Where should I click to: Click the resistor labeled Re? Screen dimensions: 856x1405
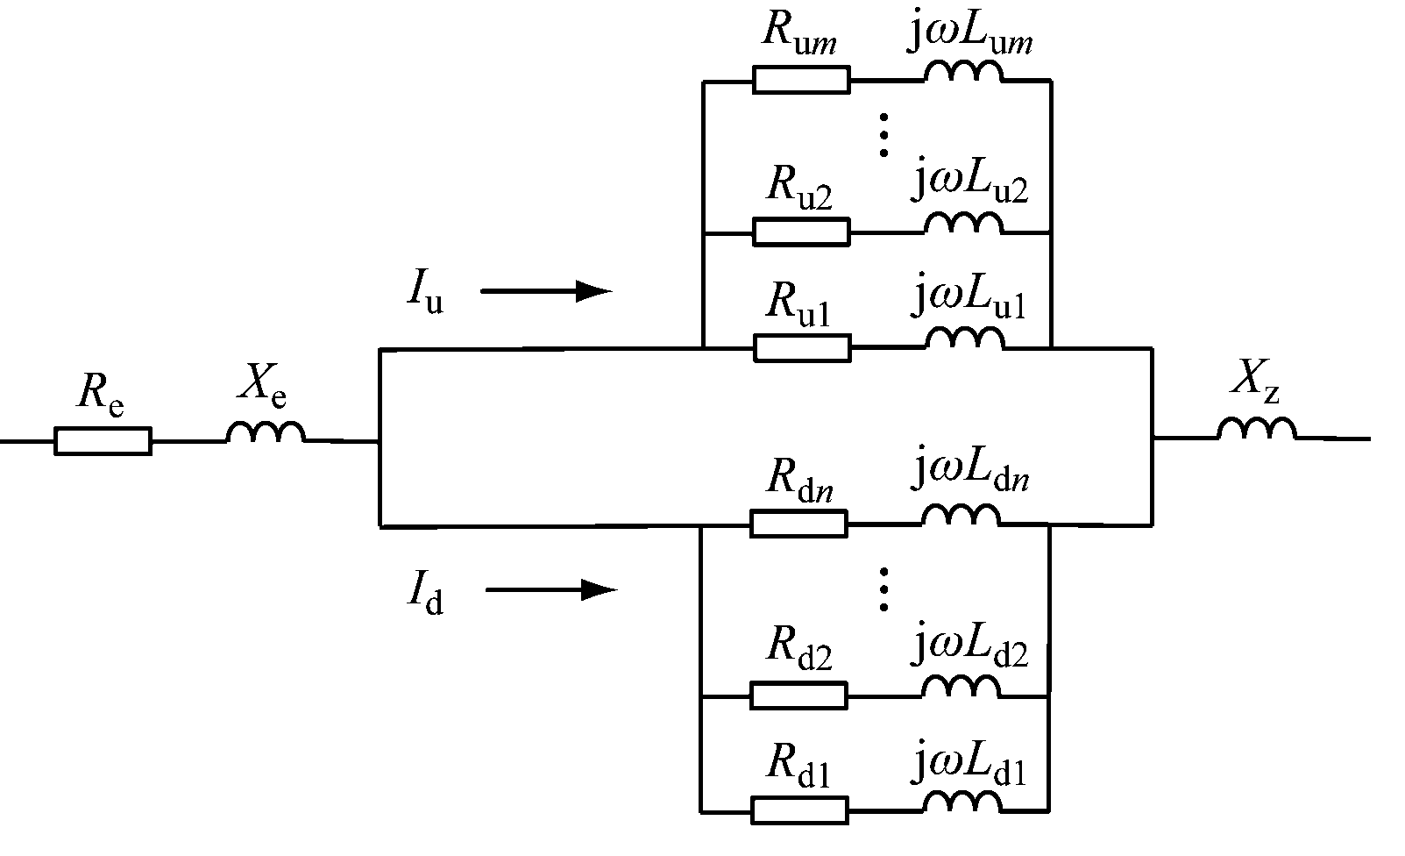coord(103,440)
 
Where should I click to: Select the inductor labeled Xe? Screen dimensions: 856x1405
coord(266,432)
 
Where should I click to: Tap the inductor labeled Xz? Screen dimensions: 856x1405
coord(1257,429)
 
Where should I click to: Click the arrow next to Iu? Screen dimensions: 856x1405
coord(545,291)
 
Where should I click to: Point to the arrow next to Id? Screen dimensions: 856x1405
coord(551,590)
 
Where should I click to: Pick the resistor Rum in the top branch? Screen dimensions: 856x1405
coord(800,80)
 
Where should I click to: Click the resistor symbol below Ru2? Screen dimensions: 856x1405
coord(800,232)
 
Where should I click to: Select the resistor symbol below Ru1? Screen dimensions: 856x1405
coord(801,348)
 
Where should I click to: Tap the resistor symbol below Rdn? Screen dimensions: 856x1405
coord(798,524)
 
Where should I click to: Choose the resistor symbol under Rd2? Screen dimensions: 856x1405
coord(798,695)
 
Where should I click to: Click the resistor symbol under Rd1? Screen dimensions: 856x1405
coord(798,810)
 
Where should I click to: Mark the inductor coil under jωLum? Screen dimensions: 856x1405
coord(962,74)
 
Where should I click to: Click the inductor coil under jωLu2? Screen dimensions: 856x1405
coord(963,225)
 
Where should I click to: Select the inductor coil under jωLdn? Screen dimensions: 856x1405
coord(961,517)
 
